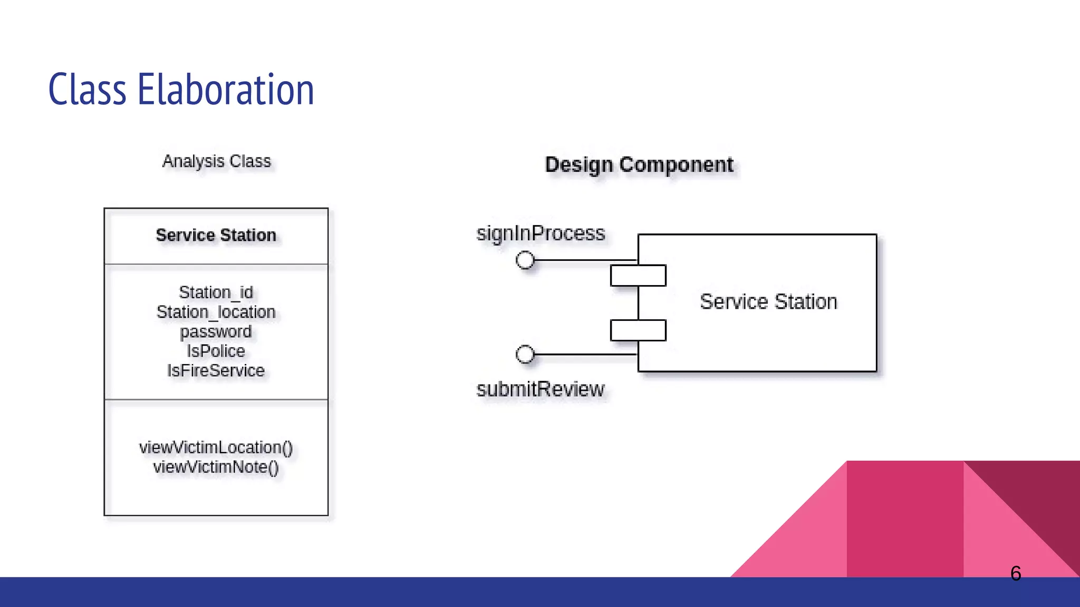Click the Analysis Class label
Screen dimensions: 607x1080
click(216, 161)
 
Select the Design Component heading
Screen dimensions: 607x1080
click(639, 165)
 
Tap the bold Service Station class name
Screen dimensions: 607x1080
click(216, 235)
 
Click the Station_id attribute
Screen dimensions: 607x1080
click(216, 292)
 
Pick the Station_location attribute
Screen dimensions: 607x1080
click(216, 312)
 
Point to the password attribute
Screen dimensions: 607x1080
click(216, 331)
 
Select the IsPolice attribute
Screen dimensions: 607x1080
click(216, 351)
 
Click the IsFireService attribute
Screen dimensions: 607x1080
click(216, 370)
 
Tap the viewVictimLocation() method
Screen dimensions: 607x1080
click(216, 447)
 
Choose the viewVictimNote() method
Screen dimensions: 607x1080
click(216, 467)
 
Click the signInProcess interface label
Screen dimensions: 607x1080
click(541, 233)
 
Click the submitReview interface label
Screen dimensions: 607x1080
click(541, 389)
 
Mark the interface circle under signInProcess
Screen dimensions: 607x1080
click(525, 260)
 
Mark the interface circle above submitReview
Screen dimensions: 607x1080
click(525, 354)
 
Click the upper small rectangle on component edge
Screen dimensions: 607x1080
click(638, 276)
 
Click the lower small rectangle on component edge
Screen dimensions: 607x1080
click(638, 330)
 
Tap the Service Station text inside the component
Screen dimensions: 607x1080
click(768, 302)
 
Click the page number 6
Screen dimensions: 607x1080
click(1016, 573)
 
